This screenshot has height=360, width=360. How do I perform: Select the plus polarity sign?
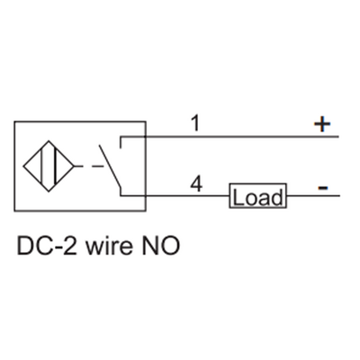point(322,124)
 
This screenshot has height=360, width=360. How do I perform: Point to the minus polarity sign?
point(322,187)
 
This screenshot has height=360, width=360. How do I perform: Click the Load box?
point(257,196)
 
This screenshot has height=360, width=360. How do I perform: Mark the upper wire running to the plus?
point(243,137)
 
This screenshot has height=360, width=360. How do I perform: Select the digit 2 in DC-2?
point(69,244)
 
